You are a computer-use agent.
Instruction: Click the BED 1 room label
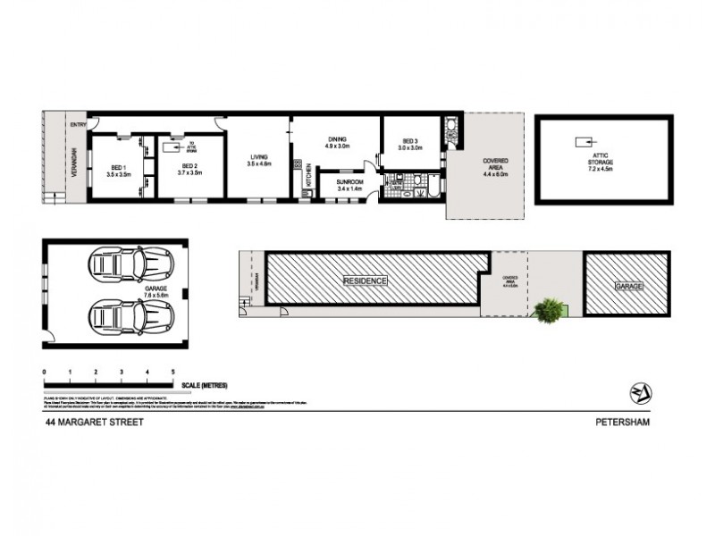[x=119, y=167]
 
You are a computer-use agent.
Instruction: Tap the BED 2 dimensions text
[x=188, y=175]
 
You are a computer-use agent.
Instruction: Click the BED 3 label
[x=410, y=141]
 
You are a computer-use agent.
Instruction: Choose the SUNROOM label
[x=349, y=181]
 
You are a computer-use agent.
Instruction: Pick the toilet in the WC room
[x=451, y=128]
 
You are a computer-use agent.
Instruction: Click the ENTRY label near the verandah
[x=79, y=126]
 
